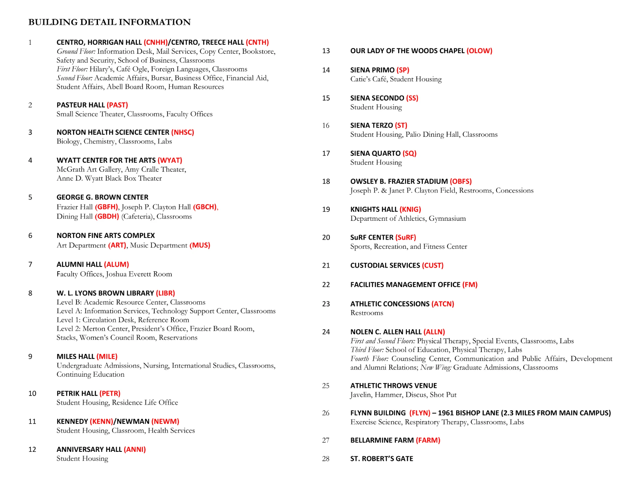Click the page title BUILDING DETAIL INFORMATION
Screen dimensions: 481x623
(109, 22)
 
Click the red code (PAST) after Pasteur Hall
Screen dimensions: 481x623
(117, 105)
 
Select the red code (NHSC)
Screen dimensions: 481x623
(182, 132)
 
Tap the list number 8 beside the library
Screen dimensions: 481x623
(30, 293)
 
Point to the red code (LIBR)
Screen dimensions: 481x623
(165, 293)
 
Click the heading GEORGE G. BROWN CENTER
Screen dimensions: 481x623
(102, 197)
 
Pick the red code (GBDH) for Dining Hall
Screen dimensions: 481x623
(107, 217)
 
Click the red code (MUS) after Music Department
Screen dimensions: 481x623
(200, 245)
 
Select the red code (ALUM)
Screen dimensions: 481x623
(116, 264)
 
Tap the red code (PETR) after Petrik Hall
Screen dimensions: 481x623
(110, 393)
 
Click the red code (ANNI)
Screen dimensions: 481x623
(135, 450)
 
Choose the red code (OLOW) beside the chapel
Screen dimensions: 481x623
(479, 51)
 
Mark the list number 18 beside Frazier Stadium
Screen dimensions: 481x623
(326, 182)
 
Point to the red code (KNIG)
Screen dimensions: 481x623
(410, 209)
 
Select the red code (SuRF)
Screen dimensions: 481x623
(406, 238)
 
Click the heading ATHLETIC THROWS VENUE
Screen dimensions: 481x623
(393, 386)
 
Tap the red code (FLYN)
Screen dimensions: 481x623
(420, 413)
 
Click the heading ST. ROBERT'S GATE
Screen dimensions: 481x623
(382, 459)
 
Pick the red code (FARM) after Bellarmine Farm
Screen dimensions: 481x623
(428, 440)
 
